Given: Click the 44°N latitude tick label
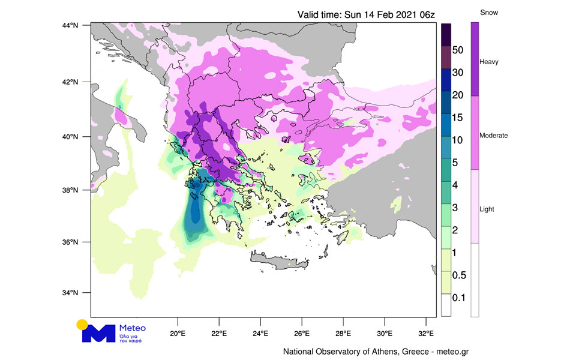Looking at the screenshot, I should (71, 25).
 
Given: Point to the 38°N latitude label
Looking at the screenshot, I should (71, 191).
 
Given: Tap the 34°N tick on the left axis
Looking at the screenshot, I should (71, 293).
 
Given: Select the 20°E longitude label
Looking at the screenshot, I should (178, 334).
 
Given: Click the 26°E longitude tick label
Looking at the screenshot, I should (302, 334).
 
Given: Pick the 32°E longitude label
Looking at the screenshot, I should (426, 334).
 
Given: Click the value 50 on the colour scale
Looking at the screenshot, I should (457, 50).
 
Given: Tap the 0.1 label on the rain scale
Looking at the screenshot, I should (458, 298).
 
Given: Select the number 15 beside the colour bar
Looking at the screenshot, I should (457, 118).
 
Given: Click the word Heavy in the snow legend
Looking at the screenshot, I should (489, 62).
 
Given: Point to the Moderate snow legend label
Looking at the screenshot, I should (494, 136).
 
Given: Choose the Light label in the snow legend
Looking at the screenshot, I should (487, 209).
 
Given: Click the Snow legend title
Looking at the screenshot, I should (490, 13).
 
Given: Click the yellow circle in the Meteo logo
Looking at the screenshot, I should (82, 325).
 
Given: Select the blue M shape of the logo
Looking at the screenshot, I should (98, 334).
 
